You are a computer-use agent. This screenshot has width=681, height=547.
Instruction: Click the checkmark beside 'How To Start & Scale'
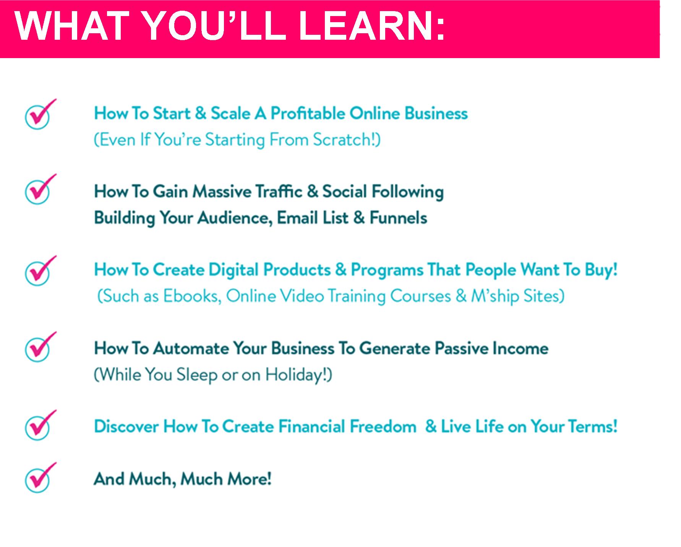pos(40,114)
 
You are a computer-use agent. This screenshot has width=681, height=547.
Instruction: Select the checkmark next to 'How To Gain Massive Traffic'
pos(40,189)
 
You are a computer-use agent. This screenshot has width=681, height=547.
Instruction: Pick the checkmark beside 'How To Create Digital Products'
pos(40,271)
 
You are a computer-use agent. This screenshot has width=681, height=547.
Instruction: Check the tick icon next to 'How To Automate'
pos(40,347)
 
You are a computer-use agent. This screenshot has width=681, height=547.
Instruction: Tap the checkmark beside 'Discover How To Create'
pos(40,425)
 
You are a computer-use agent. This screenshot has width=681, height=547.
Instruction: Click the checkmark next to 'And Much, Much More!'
pos(40,477)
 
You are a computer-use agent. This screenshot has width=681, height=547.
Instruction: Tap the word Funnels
pos(398,218)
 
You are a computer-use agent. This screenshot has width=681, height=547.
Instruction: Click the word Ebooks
pos(192,296)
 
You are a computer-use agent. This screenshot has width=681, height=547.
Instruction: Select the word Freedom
pos(383,426)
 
